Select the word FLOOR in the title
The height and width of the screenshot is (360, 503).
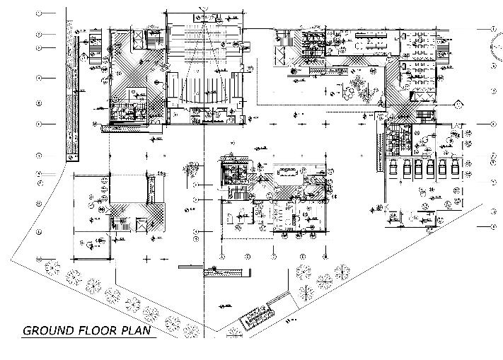tap(96, 330)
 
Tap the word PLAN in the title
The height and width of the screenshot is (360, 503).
tap(138, 330)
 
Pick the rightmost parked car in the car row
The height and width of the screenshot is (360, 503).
tap(455, 169)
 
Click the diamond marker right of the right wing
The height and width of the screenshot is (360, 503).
tap(458, 104)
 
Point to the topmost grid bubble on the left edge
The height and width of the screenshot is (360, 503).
tap(40, 13)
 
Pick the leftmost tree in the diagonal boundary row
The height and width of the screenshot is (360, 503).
tap(50, 267)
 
